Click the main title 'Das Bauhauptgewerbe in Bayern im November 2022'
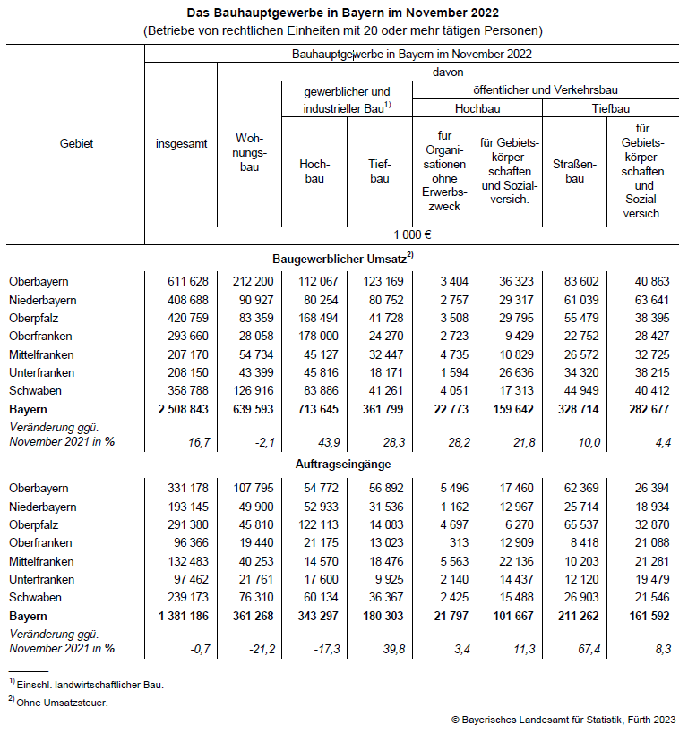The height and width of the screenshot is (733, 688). tap(343, 13)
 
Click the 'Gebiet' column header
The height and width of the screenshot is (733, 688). tap(76, 143)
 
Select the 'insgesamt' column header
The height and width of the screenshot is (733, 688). tap(180, 143)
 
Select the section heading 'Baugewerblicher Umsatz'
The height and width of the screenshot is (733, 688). tap(343, 258)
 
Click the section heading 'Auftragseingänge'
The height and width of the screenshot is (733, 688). tap(343, 465)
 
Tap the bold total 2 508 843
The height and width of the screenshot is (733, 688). tap(183, 409)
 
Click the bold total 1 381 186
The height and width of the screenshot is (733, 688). tap(183, 616)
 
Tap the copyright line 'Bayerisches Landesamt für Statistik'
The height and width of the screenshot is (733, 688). tap(564, 719)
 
